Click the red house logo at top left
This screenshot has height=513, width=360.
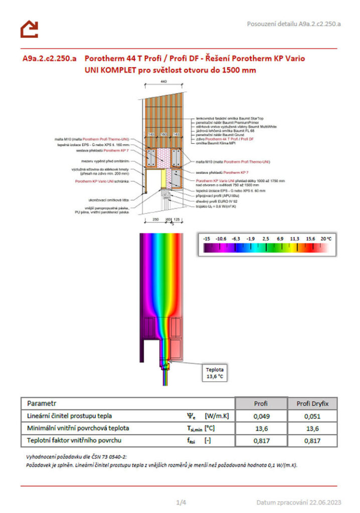coord(29,29)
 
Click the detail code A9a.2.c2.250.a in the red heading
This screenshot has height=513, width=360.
coord(49,58)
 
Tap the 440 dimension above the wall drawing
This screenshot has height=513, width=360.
coord(163,81)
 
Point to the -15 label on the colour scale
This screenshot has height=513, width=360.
coord(207,239)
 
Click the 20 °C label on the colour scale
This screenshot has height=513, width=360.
coord(326,239)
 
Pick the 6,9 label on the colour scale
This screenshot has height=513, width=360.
coord(280,239)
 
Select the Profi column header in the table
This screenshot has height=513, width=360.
coord(261,403)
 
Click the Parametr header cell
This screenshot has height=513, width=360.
coord(42,403)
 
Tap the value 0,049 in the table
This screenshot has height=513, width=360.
coord(261,416)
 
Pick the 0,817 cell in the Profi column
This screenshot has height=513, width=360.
coord(261,441)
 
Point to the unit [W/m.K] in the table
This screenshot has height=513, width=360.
coord(217,416)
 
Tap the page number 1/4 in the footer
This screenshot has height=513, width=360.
coord(181,502)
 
